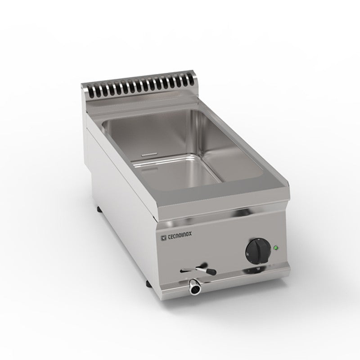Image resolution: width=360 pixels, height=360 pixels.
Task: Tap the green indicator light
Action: tap(275, 247)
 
